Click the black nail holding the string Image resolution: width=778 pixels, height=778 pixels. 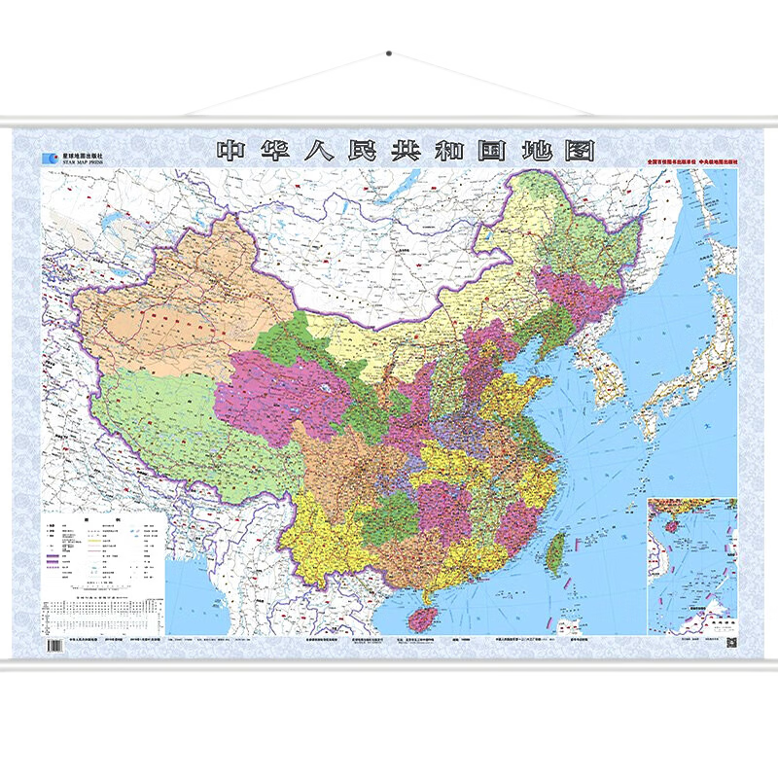[388, 52]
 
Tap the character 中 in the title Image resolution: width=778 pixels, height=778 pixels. [232, 151]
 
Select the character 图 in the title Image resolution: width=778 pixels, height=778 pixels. [579, 151]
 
